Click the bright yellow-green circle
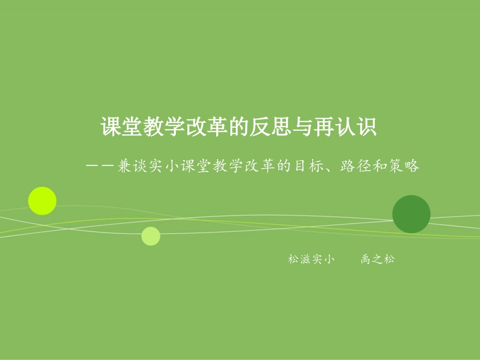click(x=42, y=201)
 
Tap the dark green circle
click(x=411, y=214)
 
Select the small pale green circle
click(x=151, y=236)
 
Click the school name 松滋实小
click(x=311, y=260)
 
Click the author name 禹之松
click(x=378, y=260)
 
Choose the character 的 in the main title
click(x=239, y=127)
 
